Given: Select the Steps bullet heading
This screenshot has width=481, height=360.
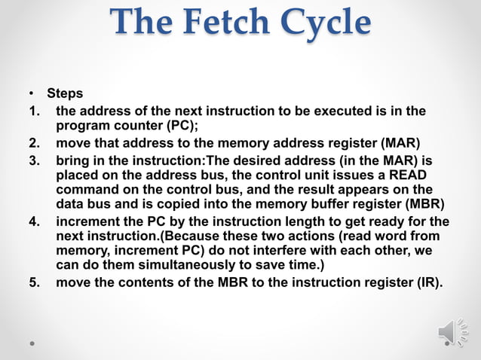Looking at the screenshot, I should [x=65, y=94].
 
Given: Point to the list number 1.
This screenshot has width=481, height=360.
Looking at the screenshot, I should [x=34, y=112].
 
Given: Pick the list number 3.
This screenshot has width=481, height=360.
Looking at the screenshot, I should [x=34, y=161].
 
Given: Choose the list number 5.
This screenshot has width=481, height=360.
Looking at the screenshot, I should [x=34, y=283].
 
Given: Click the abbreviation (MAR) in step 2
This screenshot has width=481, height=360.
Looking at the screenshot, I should [x=400, y=143].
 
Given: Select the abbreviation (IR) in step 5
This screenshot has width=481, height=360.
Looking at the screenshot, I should [x=428, y=283].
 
